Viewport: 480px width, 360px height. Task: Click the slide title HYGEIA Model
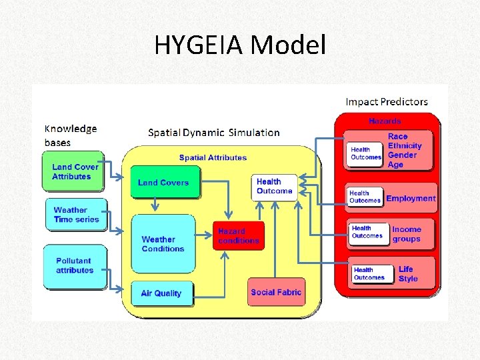(240, 45)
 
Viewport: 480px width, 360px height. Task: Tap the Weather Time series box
(75, 215)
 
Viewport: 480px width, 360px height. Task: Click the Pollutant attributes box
(75, 266)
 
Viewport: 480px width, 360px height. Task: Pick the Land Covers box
(164, 183)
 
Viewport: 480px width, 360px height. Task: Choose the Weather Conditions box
(163, 244)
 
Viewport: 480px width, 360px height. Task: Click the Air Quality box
(161, 293)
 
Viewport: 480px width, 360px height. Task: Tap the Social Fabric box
(276, 292)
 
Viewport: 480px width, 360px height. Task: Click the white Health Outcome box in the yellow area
(274, 186)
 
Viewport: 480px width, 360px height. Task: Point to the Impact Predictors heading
(387, 102)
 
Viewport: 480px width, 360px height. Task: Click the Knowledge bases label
(70, 135)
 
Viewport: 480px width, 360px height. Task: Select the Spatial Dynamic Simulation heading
(214, 133)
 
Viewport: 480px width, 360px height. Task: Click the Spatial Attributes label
(213, 158)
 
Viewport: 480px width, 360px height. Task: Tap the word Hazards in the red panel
(385, 121)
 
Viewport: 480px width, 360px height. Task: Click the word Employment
(411, 198)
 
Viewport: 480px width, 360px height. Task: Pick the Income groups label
(407, 234)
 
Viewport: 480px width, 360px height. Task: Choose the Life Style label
(408, 274)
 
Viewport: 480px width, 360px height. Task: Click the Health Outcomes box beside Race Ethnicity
(366, 153)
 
